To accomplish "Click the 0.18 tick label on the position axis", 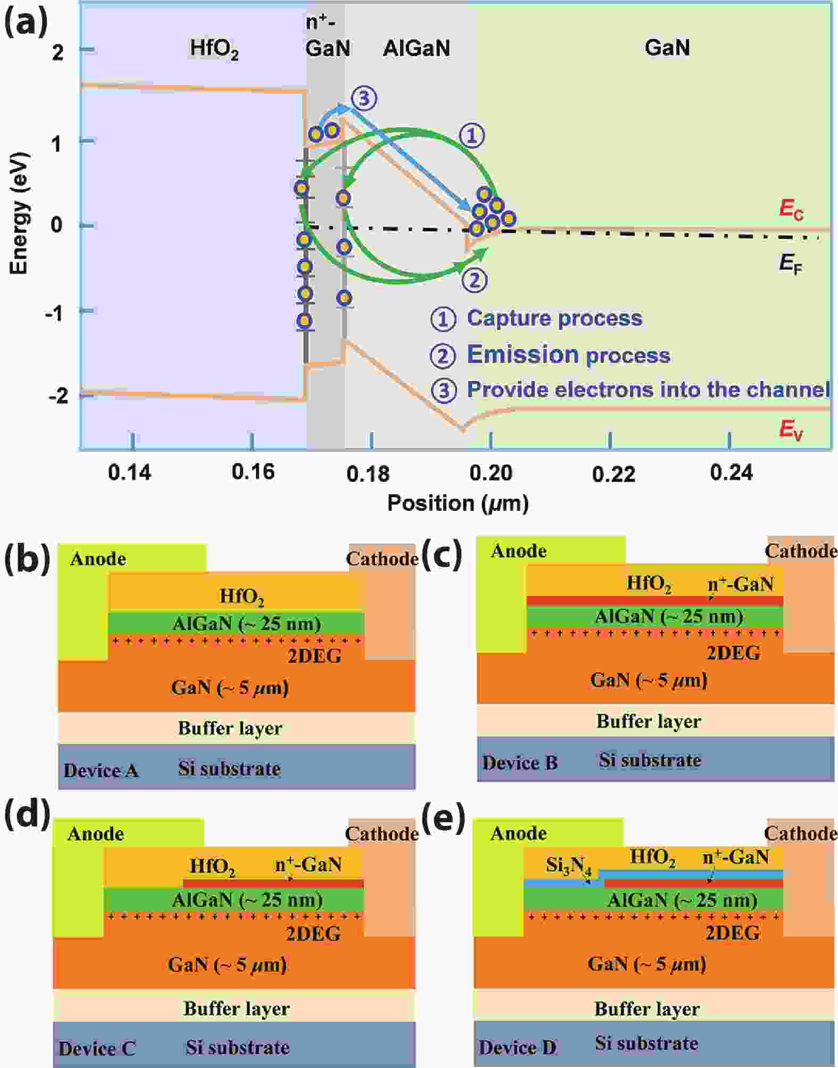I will [x=368, y=473].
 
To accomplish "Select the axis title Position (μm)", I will [x=458, y=503].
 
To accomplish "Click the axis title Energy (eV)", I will [x=19, y=213].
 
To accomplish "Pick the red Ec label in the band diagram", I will [x=791, y=210].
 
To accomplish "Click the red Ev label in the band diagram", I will [x=791, y=429].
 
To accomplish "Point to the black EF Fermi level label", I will [x=791, y=263].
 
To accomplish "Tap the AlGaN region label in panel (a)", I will [x=416, y=48].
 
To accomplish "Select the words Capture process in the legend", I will [x=554, y=318].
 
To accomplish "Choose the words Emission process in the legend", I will [x=568, y=355].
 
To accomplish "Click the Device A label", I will [x=101, y=771].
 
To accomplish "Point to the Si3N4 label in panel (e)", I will [x=568, y=866].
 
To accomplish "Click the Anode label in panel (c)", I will [x=519, y=551].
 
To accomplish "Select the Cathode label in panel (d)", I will [x=381, y=834].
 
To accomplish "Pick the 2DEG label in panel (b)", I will [x=314, y=656].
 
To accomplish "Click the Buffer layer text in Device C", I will [x=236, y=1008].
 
